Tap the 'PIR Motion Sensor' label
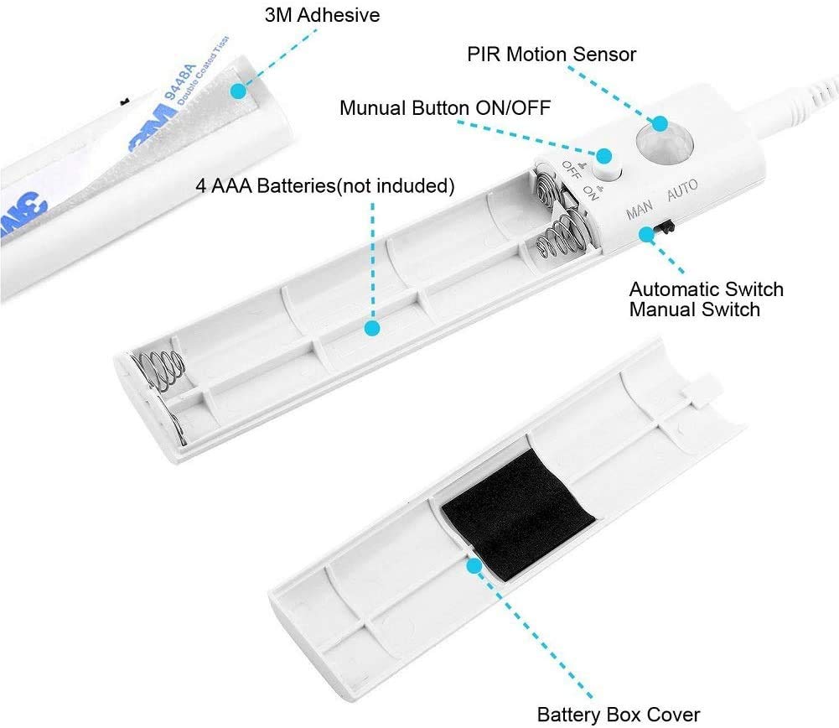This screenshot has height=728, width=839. point(552,55)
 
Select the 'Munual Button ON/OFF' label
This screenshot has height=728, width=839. point(446,108)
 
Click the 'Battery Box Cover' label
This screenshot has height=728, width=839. point(618,715)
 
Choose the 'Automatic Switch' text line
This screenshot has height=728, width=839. point(707,289)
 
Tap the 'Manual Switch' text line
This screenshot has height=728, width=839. point(694,309)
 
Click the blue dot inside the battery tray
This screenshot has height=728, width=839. point(372,328)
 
